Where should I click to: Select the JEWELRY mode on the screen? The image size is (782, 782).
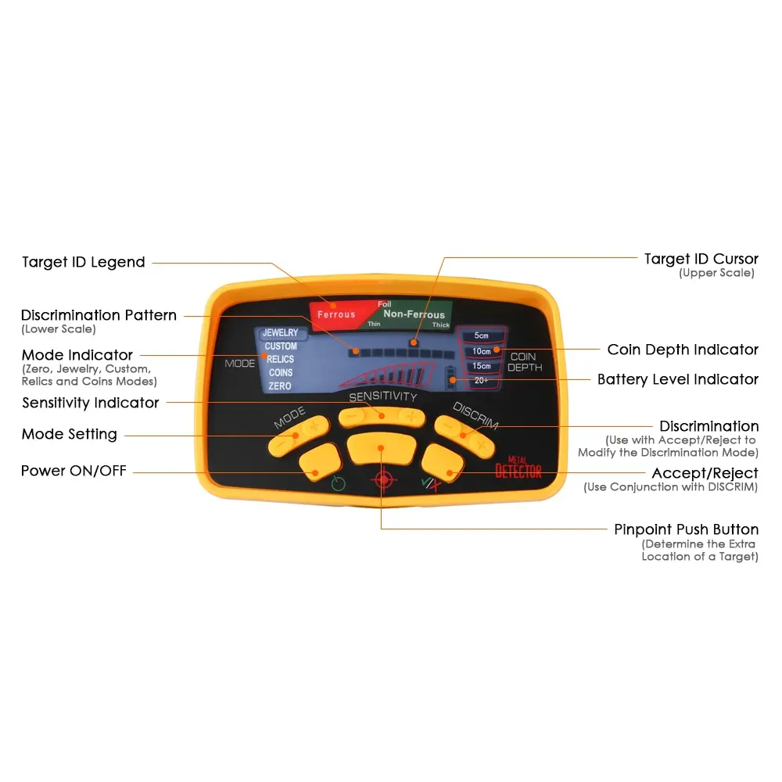pyautogui.click(x=280, y=332)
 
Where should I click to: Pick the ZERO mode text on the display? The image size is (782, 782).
pyautogui.click(x=280, y=386)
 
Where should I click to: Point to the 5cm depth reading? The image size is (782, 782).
pyautogui.click(x=481, y=335)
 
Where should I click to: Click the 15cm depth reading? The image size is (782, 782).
pyautogui.click(x=481, y=365)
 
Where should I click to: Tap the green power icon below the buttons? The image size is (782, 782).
pyautogui.click(x=338, y=483)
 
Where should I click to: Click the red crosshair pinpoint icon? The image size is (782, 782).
pyautogui.click(x=383, y=480)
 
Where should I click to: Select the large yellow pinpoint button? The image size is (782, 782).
pyautogui.click(x=382, y=448)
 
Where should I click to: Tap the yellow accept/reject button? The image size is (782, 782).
pyautogui.click(x=443, y=463)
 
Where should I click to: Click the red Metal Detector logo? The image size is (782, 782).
pyautogui.click(x=518, y=468)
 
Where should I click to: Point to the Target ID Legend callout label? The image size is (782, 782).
pyautogui.click(x=84, y=262)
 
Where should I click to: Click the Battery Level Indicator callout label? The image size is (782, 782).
pyautogui.click(x=678, y=379)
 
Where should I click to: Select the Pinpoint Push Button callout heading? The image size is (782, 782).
pyautogui.click(x=687, y=529)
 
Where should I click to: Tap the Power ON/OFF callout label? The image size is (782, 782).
pyautogui.click(x=74, y=470)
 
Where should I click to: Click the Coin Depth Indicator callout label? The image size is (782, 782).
pyautogui.click(x=683, y=350)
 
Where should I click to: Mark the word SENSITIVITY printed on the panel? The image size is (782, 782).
pyautogui.click(x=383, y=396)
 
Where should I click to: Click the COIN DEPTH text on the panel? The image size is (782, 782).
pyautogui.click(x=524, y=362)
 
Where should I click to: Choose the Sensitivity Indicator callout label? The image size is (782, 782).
pyautogui.click(x=90, y=403)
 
